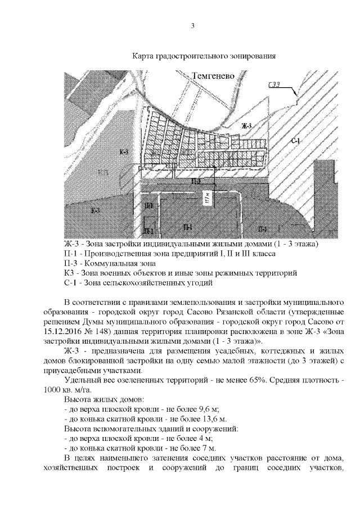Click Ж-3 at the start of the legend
pos(73,245)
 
